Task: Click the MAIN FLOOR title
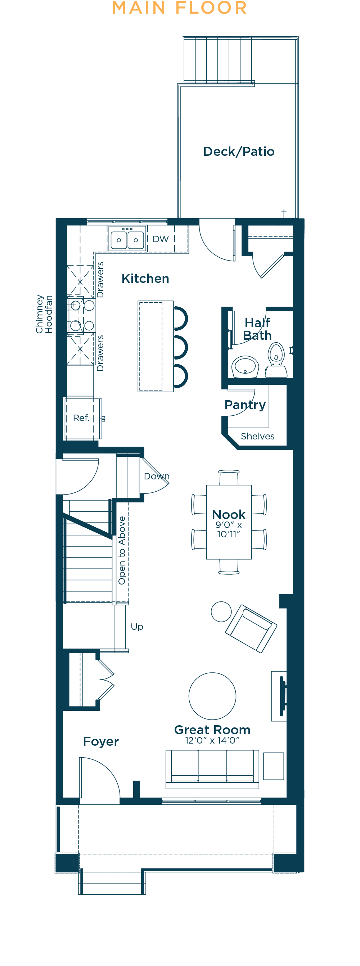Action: pos(180,8)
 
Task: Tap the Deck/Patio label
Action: pos(239,152)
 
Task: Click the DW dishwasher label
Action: pos(161,239)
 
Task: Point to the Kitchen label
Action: pos(145,279)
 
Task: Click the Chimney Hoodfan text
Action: pos(44,314)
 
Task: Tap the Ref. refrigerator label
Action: pos(81,418)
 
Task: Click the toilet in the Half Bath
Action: pos(276,360)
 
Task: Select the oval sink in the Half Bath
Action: pos(245,366)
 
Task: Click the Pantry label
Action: pos(245,405)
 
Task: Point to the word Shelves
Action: pos(258,436)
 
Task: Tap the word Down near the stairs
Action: pos(157,476)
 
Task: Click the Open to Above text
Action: pos(122,551)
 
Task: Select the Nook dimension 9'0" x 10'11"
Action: pos(229,529)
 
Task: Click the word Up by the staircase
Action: pos(137,627)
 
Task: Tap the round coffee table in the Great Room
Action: pos(212,696)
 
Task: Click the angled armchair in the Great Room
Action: pos(251,628)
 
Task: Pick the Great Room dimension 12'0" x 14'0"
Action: pos(212,740)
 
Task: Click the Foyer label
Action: pos(101,741)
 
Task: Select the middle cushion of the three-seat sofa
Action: pos(212,766)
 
